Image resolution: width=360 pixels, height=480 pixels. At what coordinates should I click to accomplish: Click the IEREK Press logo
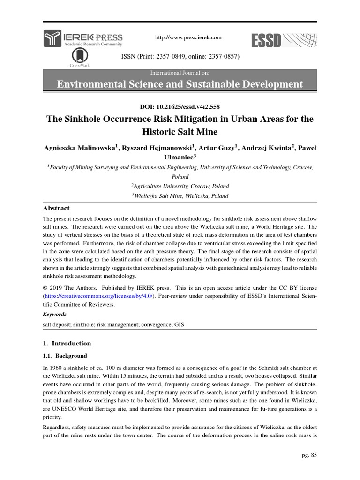83,38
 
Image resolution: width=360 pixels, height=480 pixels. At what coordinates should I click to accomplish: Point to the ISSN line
180,56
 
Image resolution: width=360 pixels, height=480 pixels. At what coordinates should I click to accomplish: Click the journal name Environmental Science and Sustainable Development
180,84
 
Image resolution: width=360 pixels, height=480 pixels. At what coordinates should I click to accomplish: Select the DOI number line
180,107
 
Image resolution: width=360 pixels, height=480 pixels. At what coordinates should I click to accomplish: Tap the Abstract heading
56,208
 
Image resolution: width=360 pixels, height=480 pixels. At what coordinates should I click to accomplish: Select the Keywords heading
55,314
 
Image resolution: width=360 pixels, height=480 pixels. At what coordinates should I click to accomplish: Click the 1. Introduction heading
67,343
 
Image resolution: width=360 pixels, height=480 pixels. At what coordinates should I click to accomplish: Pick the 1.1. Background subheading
65,356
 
